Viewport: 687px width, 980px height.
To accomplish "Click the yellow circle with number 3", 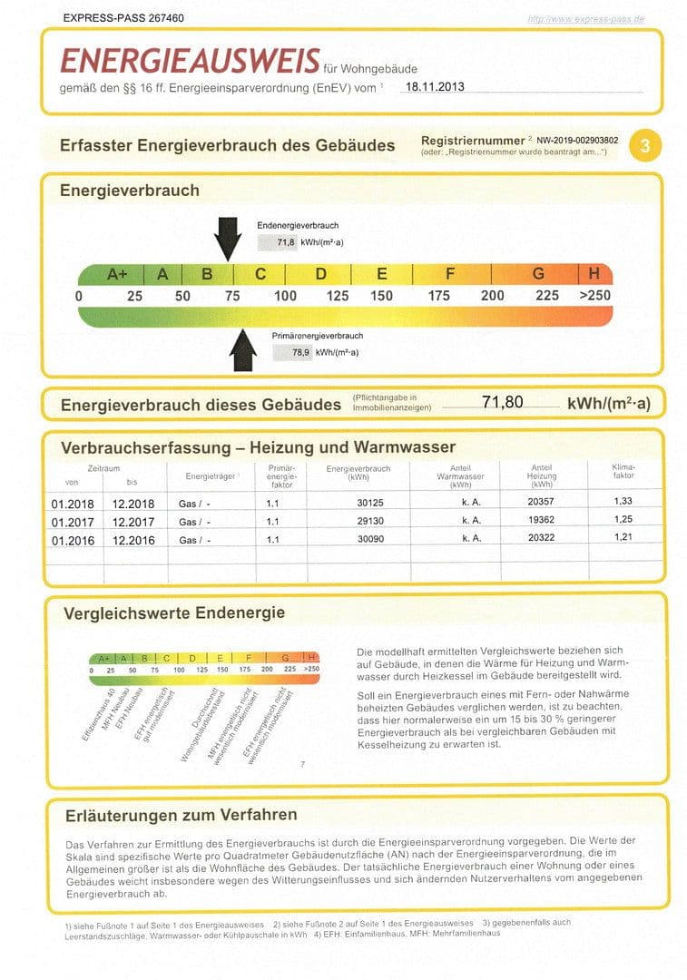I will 644,145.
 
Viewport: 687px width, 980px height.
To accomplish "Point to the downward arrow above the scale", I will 228,240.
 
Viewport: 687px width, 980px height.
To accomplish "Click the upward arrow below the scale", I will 243,350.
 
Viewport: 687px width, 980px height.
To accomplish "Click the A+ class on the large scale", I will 117,274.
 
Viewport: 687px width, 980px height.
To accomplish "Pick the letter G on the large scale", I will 538,274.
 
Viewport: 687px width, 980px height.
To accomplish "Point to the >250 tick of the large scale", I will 595,296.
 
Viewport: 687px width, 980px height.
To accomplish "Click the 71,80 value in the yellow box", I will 502,402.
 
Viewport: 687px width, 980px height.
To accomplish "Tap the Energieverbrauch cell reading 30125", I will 358,504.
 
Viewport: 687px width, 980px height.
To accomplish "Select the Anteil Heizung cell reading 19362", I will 542,522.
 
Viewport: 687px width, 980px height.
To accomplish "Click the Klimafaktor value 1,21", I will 623,539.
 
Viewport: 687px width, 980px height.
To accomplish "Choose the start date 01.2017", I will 73,523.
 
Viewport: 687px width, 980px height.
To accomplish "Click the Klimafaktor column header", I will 623,471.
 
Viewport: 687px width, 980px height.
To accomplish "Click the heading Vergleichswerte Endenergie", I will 173,613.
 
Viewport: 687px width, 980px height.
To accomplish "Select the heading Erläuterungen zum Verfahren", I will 181,814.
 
